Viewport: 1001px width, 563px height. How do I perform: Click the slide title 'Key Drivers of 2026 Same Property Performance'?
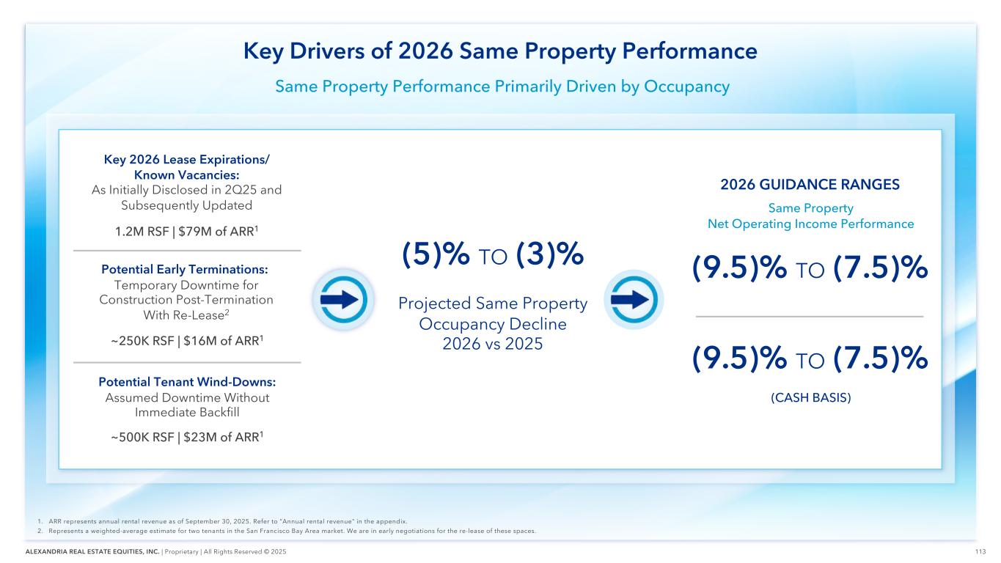(500, 52)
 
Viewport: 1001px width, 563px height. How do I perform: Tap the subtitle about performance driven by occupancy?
(502, 87)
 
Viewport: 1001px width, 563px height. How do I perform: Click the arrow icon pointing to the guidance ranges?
(634, 300)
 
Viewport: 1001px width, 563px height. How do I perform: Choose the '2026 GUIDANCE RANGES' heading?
(809, 185)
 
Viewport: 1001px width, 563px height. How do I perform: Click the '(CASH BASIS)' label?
(809, 399)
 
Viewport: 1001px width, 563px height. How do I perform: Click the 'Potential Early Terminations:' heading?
(188, 269)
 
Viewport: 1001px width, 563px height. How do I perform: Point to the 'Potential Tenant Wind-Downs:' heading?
(188, 382)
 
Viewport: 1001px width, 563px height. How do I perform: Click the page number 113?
(979, 552)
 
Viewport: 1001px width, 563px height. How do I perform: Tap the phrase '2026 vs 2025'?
(492, 342)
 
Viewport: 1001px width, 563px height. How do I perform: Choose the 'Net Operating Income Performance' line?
(810, 224)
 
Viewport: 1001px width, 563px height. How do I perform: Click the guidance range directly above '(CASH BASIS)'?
(810, 359)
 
